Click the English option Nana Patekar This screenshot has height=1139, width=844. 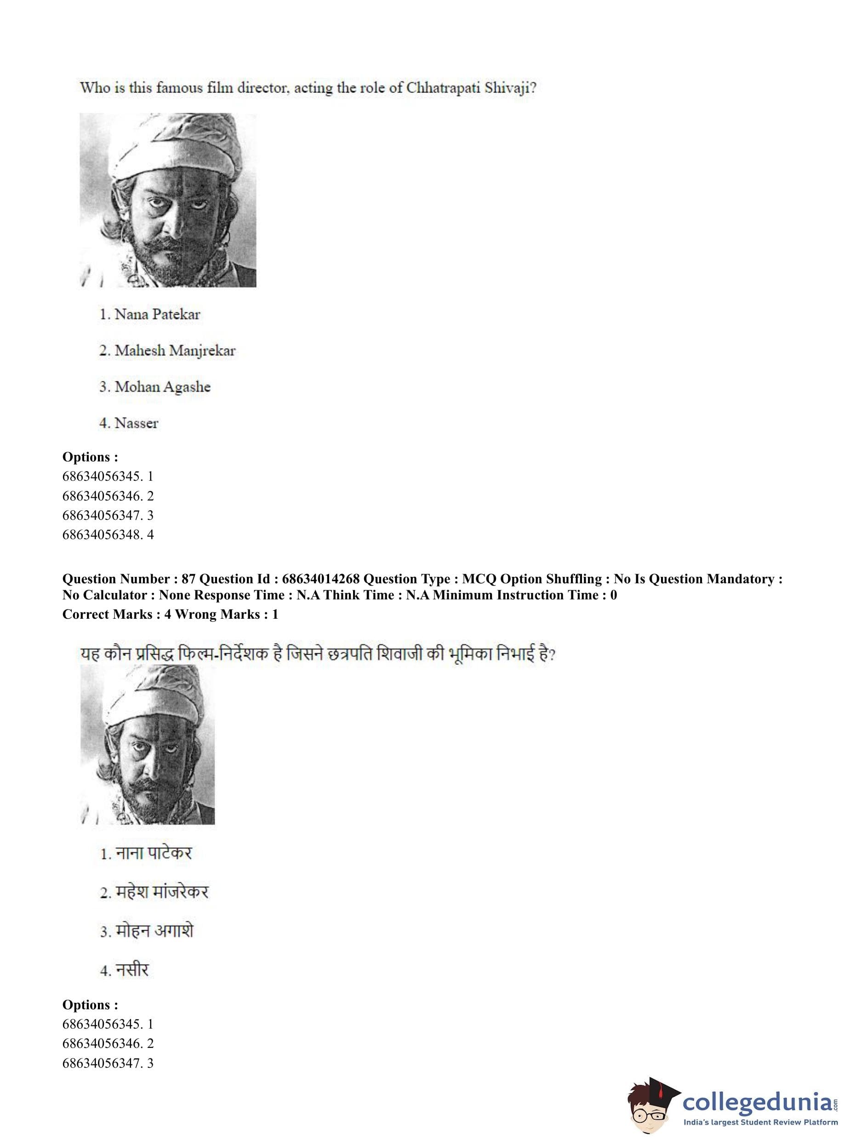click(157, 314)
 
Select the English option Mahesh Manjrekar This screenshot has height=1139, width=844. click(175, 350)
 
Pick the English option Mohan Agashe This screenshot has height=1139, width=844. click(162, 386)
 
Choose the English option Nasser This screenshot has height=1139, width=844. click(136, 423)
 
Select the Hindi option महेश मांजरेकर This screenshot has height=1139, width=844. click(161, 892)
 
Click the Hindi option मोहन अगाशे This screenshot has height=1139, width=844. click(154, 931)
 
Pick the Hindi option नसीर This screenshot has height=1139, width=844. click(131, 970)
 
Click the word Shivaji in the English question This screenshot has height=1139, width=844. click(509, 88)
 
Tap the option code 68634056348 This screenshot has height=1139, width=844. click(102, 535)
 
